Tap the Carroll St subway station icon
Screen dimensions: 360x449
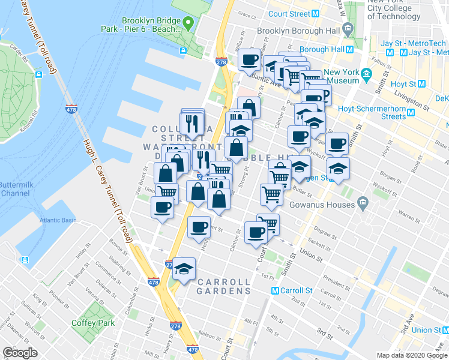[x=275, y=290]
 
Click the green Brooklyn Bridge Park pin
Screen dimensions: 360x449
[x=188, y=25]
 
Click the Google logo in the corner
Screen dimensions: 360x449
[x=20, y=353]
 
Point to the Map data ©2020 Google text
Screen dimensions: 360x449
[x=411, y=355]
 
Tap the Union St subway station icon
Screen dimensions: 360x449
[x=445, y=330]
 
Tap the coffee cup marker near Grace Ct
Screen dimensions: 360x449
[x=250, y=59]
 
